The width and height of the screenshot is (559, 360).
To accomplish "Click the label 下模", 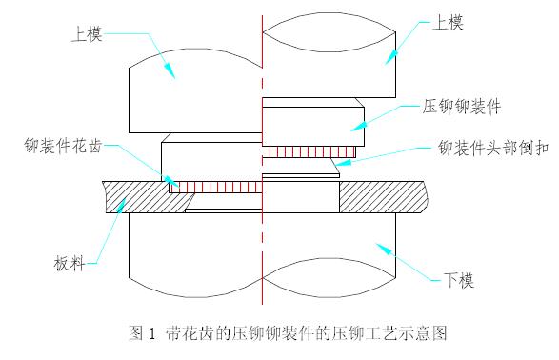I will (460, 281).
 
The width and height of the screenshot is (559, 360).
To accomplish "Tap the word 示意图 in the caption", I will (426, 334).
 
